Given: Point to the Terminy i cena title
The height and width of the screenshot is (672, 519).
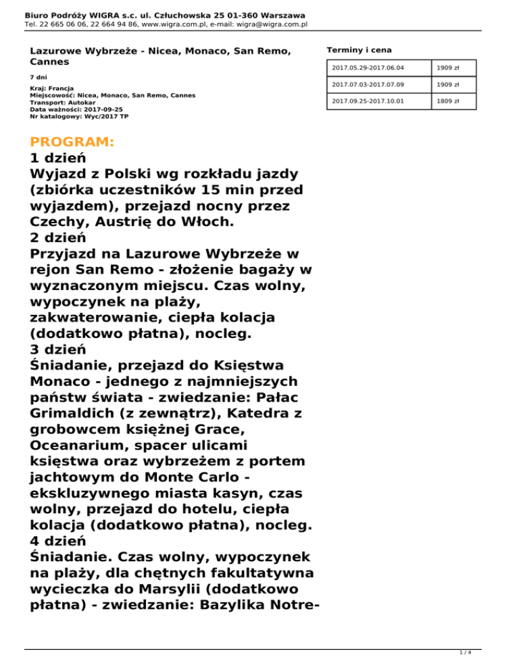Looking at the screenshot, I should (x=358, y=50).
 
